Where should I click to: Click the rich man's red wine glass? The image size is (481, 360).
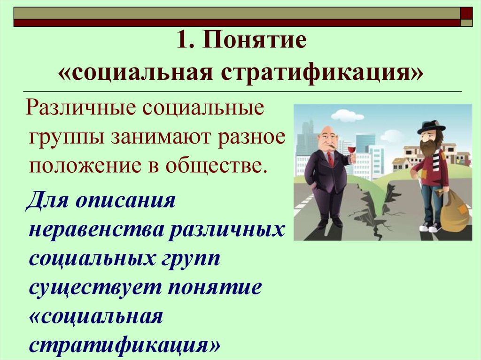[x=351, y=151]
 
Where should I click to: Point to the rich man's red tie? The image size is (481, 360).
[x=330, y=159]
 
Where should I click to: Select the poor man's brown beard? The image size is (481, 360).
[x=428, y=147]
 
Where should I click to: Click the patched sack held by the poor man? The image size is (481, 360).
[x=455, y=211]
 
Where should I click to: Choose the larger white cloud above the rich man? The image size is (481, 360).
[x=347, y=115]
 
